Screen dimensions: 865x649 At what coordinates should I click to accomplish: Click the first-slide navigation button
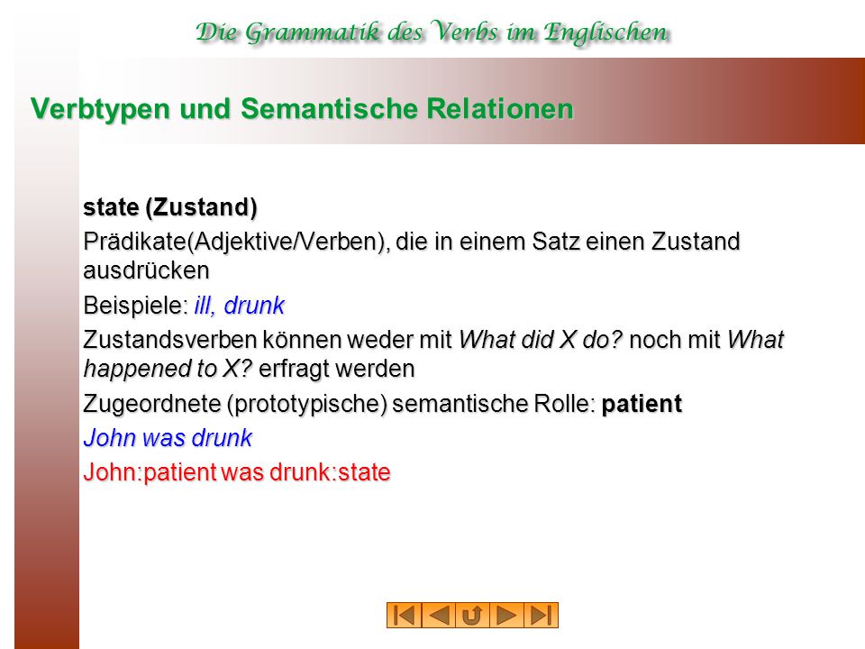pos(405,616)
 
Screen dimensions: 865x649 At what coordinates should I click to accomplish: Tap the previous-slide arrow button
pos(439,616)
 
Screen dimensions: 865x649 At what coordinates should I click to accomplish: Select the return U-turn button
pos(473,616)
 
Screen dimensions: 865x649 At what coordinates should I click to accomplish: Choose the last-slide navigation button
pos(542,616)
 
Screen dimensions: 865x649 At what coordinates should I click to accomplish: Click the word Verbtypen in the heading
pos(100,109)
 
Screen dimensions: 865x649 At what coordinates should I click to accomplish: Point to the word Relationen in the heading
pos(500,108)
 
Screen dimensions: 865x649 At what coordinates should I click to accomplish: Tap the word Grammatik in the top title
pos(313,33)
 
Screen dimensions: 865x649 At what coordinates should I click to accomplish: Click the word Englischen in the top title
pos(605,33)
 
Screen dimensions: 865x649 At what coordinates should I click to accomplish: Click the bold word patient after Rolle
pos(642,405)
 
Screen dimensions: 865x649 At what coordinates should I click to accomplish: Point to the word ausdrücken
pos(146,271)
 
